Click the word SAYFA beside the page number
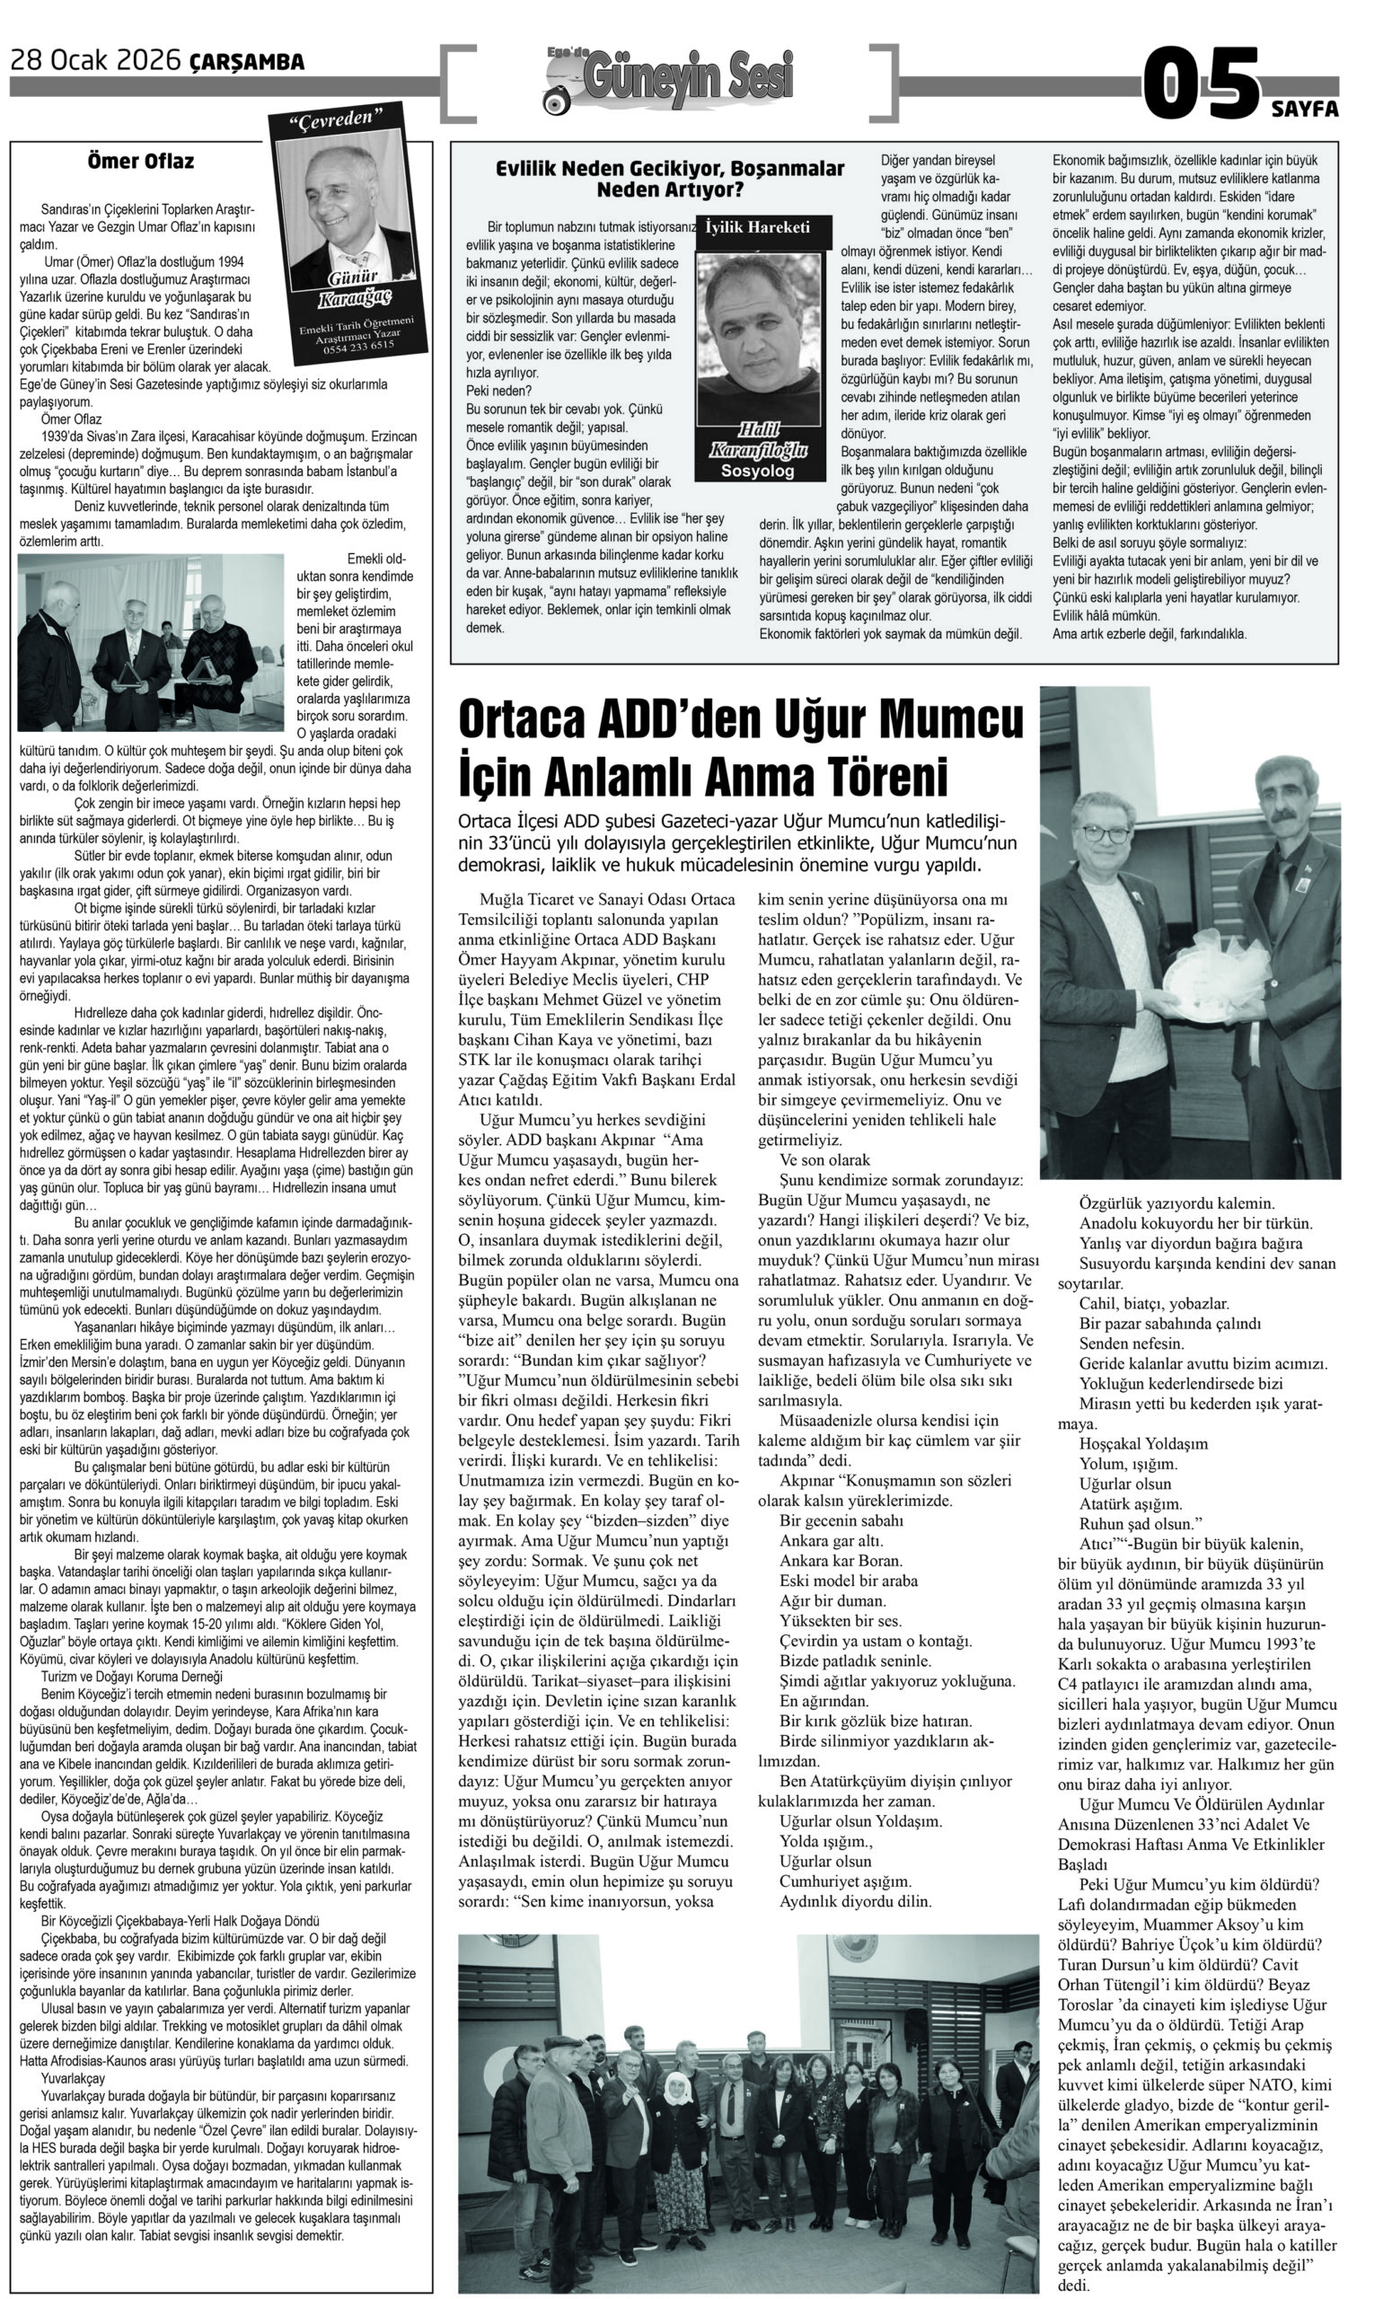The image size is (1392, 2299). [x=1304, y=110]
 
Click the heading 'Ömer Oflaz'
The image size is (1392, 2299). [x=141, y=162]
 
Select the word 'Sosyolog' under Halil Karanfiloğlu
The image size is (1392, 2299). [x=758, y=472]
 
